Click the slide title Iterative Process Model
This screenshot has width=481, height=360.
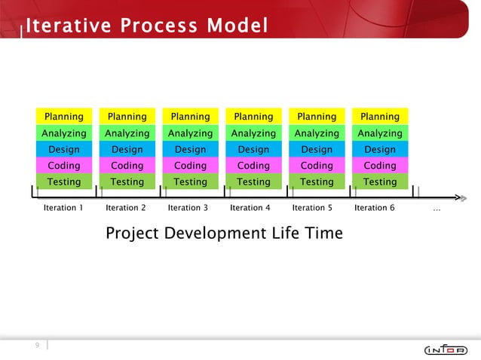(146, 26)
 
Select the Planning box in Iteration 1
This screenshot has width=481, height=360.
(63, 116)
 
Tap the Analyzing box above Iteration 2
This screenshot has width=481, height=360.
(127, 133)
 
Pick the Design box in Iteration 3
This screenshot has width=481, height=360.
(190, 149)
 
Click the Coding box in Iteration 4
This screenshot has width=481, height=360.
(253, 166)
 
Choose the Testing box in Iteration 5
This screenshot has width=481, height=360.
(317, 182)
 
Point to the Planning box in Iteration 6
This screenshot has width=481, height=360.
(380, 116)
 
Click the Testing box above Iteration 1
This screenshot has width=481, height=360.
(63, 182)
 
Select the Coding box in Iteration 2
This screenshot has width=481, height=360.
(127, 166)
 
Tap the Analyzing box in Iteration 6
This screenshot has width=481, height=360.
(380, 133)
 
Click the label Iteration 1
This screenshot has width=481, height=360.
(63, 208)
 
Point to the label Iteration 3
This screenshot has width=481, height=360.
(188, 208)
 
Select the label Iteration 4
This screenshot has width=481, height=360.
(250, 208)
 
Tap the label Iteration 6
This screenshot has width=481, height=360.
(374, 208)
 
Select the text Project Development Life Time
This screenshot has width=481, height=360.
(224, 233)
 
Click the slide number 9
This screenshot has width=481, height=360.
(35, 345)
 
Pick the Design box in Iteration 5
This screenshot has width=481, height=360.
(317, 149)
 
